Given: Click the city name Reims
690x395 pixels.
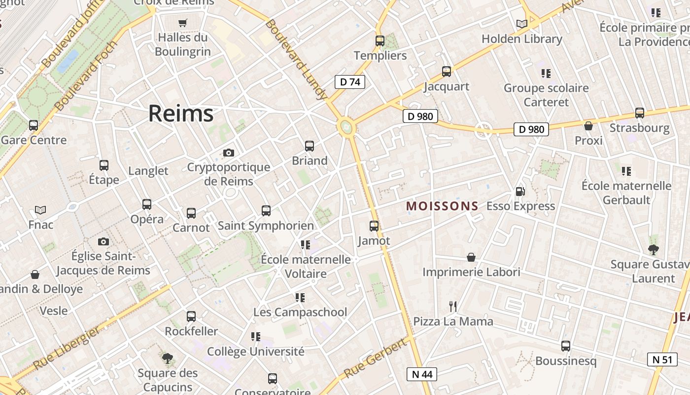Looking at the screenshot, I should click(x=181, y=114).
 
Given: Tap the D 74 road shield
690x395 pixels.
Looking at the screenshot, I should click(x=350, y=82).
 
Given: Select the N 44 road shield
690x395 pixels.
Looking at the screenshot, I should click(x=421, y=374).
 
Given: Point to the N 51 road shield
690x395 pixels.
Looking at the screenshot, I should click(x=662, y=359).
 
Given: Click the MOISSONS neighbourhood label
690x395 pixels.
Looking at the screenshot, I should click(x=442, y=206).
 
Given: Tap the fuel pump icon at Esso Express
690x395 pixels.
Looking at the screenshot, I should click(x=520, y=192).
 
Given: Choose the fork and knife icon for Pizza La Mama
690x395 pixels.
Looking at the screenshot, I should click(x=453, y=307).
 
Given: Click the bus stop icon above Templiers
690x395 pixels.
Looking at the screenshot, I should click(x=379, y=41).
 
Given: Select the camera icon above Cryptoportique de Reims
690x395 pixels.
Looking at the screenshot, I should click(x=228, y=153).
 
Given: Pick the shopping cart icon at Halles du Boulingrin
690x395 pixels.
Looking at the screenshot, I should click(x=183, y=23).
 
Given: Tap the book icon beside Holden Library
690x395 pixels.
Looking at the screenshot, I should click(x=521, y=24).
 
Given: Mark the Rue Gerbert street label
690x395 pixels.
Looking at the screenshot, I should click(x=376, y=358).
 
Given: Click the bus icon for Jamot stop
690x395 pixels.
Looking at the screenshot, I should click(x=374, y=226).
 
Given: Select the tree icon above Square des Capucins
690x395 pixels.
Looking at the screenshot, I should click(x=168, y=358).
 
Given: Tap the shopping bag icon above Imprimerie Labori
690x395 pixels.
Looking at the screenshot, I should click(x=471, y=257).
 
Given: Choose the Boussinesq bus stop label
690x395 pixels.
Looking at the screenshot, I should click(x=565, y=361).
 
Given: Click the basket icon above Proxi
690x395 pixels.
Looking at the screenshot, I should click(x=588, y=126).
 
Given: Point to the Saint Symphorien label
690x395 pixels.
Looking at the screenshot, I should click(x=266, y=226).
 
